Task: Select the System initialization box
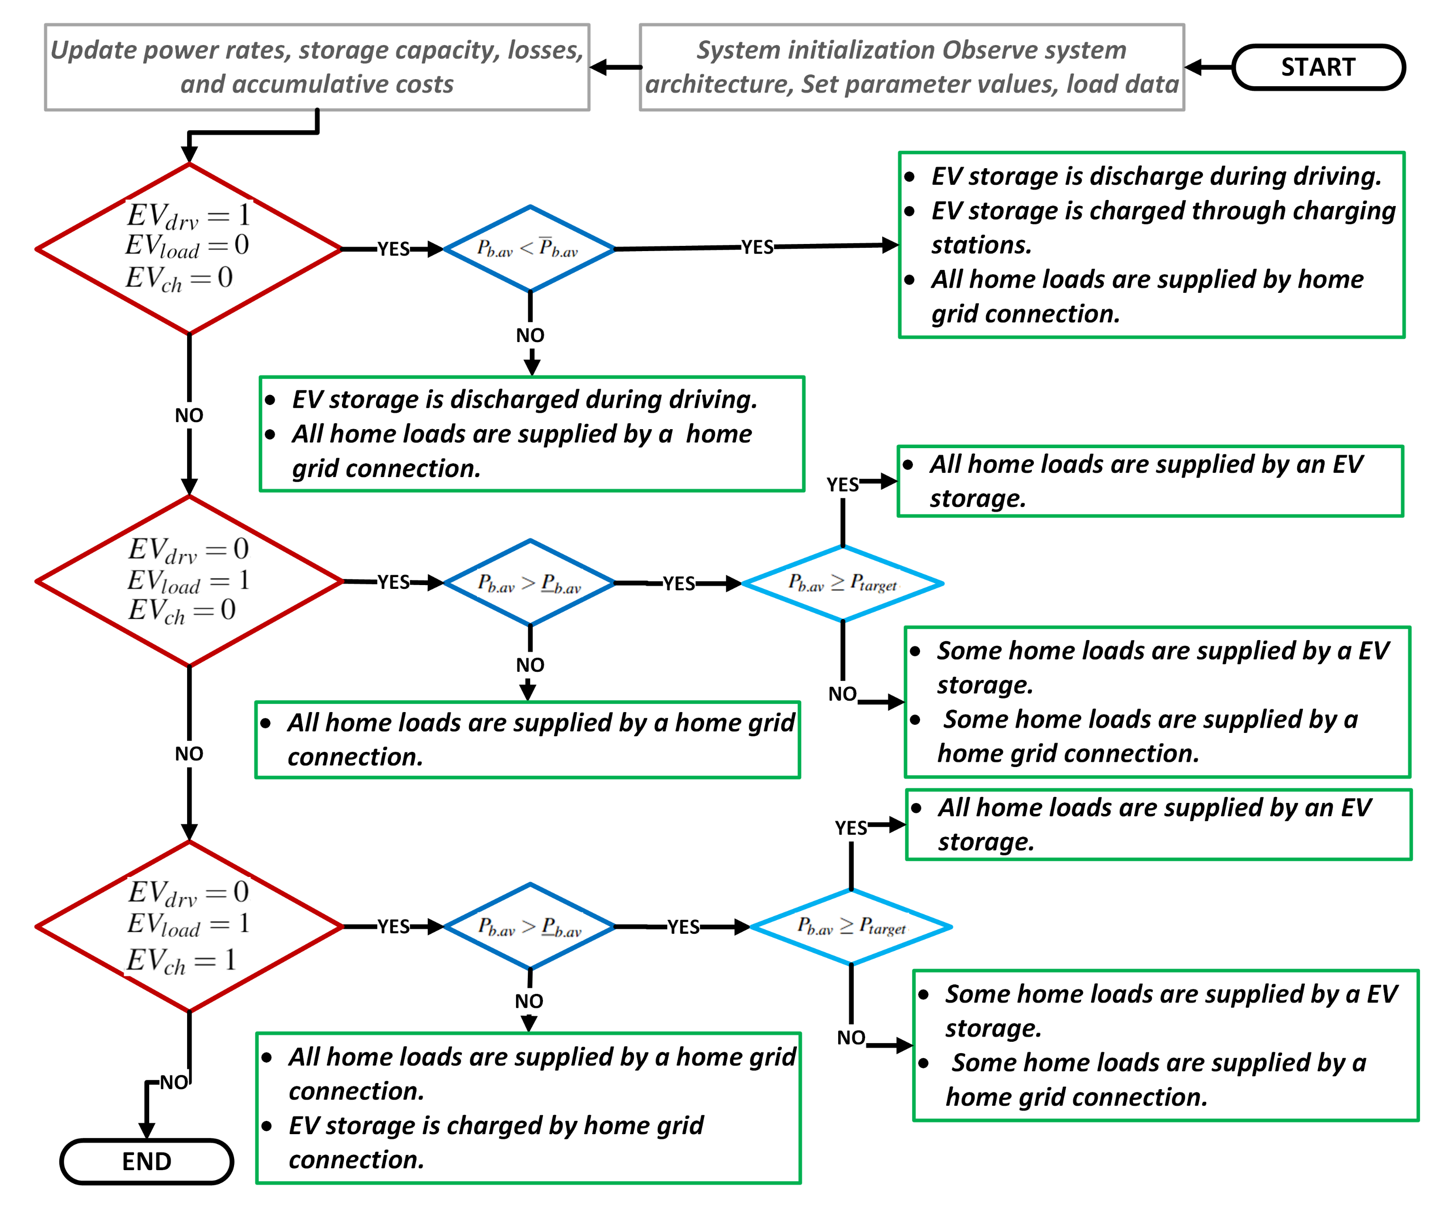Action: (x=912, y=67)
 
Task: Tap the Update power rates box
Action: (x=317, y=67)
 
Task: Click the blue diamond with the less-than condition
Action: (x=530, y=249)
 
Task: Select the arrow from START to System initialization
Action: (x=1209, y=67)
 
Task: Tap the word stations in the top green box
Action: (x=981, y=245)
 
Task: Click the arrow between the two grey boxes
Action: (x=615, y=67)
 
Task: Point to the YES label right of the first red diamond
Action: (x=393, y=249)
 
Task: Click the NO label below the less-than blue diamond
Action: (x=530, y=335)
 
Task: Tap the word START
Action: (x=1318, y=67)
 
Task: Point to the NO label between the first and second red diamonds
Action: (x=189, y=415)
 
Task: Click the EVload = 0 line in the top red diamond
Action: (x=187, y=246)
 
